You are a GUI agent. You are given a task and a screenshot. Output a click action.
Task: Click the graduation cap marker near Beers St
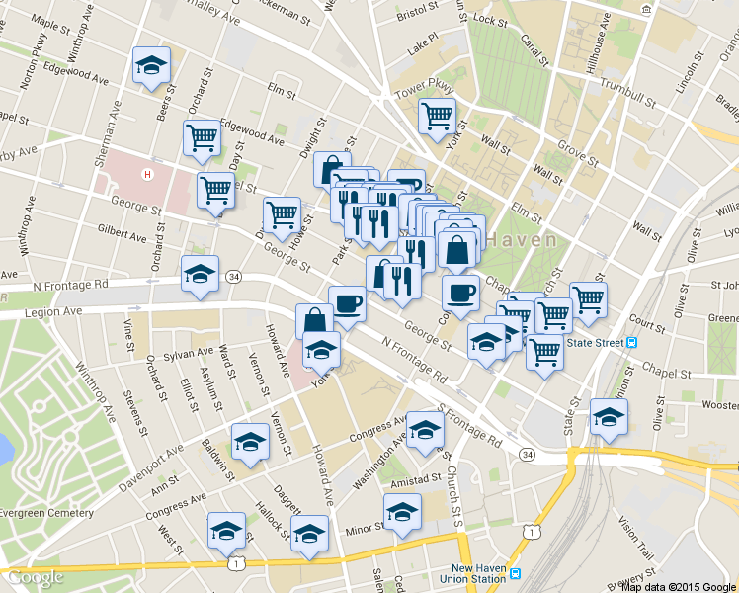[x=151, y=67]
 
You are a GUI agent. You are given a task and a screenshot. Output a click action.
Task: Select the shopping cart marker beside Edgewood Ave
[x=202, y=138]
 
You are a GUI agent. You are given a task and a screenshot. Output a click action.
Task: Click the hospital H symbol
[x=148, y=175]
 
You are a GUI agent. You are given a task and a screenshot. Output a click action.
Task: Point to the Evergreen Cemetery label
[x=46, y=513]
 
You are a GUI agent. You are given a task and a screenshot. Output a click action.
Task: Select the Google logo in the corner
[x=36, y=577]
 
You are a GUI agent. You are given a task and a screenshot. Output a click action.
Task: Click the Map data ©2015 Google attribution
[x=678, y=586]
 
